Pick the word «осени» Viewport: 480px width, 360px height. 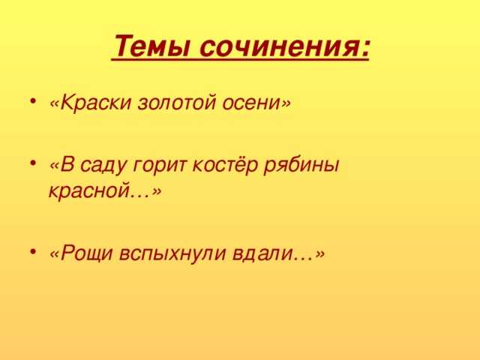tap(251, 103)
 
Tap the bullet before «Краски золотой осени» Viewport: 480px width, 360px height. tap(33, 101)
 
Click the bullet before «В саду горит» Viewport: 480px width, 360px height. tap(33, 163)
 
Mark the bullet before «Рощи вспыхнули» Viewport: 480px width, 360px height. tap(33, 252)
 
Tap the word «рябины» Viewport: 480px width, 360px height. tap(301, 166)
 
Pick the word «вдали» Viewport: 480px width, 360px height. tap(262, 253)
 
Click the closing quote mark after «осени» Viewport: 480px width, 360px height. tap(286, 103)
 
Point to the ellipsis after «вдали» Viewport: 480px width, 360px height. tap(304, 259)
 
